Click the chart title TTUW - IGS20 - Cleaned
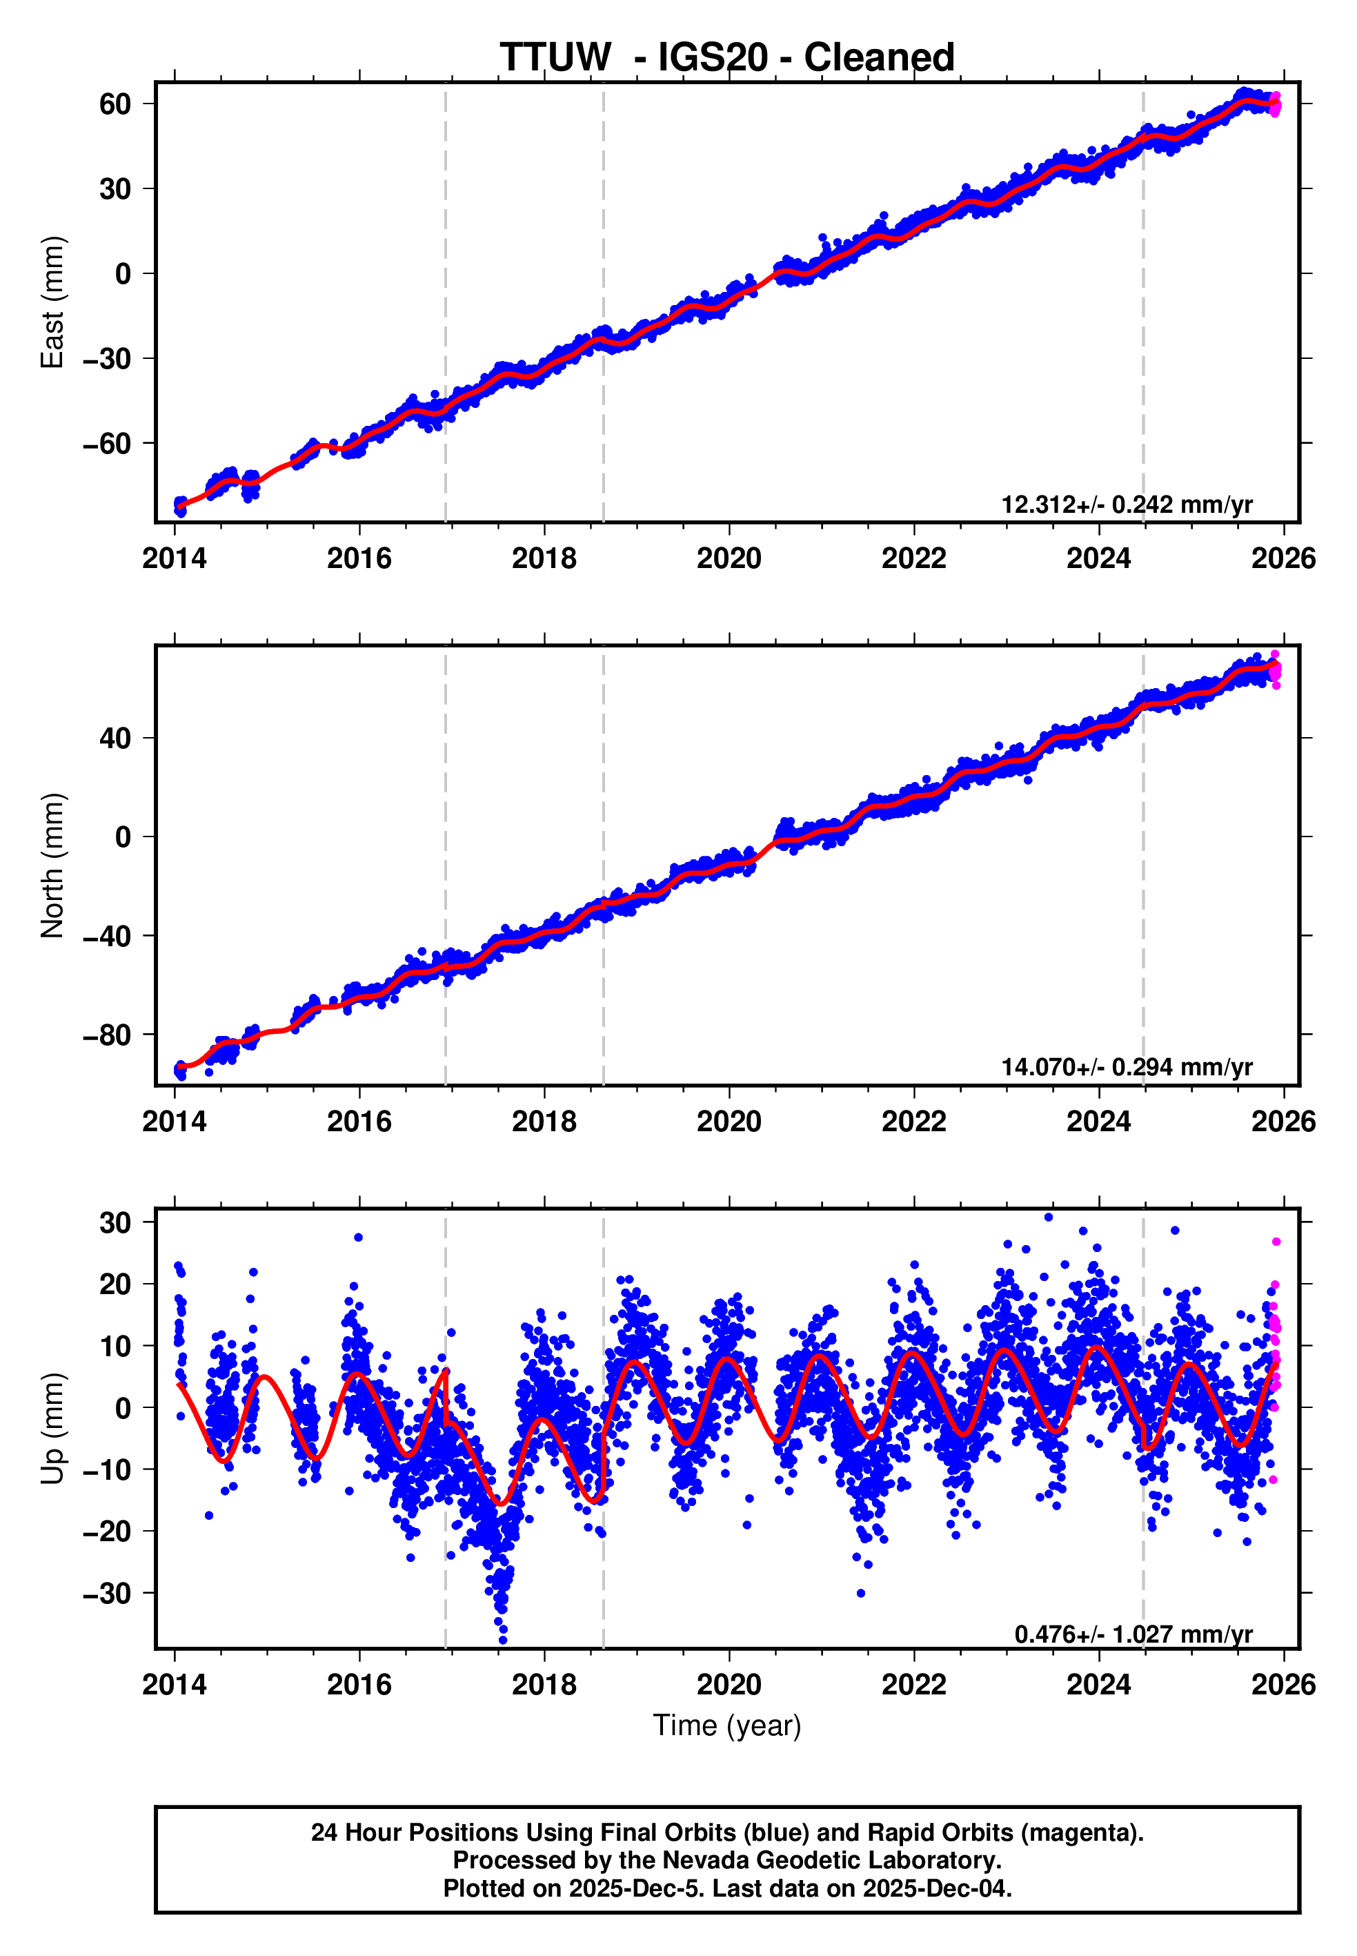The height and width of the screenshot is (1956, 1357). tap(727, 58)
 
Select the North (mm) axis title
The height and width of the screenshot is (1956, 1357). tap(52, 865)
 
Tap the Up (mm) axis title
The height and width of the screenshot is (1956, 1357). tap(52, 1428)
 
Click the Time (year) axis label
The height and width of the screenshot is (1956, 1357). tap(727, 1725)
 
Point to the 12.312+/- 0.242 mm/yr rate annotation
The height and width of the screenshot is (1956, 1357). tap(1127, 505)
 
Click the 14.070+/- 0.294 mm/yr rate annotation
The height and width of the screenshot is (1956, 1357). tap(1127, 1066)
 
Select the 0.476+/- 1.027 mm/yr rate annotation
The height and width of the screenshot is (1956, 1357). tap(1133, 1634)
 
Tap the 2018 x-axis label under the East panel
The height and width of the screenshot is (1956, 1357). tap(544, 559)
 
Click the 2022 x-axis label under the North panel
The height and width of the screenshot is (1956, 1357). tap(914, 1122)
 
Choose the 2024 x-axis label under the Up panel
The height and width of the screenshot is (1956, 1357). tap(1098, 1685)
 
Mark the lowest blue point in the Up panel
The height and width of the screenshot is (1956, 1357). tap(502, 1640)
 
